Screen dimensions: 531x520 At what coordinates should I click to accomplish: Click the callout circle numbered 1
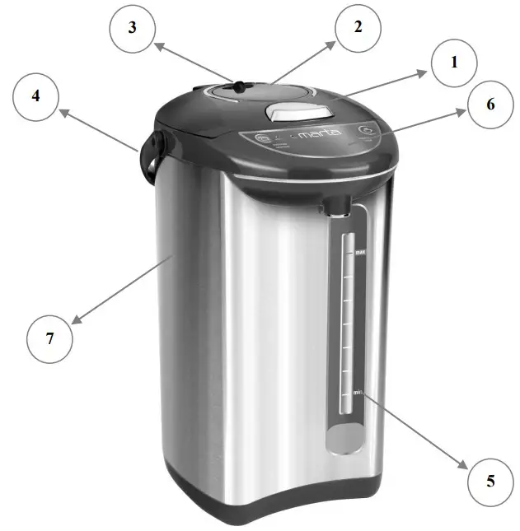coord(453,63)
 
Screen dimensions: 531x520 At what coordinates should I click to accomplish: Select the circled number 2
coord(357,27)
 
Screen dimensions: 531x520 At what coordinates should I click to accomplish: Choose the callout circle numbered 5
coord(490,479)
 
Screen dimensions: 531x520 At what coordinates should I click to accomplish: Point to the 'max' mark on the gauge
coord(360,253)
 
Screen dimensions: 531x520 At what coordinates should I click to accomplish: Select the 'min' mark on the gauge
coord(358,392)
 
